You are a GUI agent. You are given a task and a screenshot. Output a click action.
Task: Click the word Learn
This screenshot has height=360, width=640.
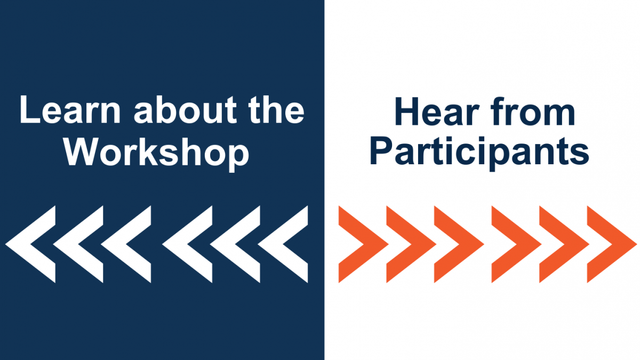point(70,110)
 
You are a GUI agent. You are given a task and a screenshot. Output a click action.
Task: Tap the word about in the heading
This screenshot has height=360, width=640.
point(185,110)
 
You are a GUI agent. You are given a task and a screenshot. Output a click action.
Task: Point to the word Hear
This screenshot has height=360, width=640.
point(437,111)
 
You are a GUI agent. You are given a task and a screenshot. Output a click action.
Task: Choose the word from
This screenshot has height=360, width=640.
point(533,111)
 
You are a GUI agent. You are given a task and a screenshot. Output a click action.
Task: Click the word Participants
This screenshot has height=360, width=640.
point(479,153)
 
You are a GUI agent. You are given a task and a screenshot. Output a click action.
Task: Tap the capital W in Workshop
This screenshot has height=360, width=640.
point(81,151)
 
